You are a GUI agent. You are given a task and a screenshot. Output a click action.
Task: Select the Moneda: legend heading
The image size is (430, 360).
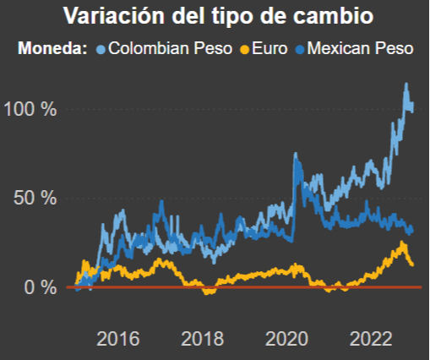point(52,48)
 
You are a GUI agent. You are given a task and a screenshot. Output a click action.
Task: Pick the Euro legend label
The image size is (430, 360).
point(261,48)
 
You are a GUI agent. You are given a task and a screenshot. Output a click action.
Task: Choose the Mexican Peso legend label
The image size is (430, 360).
point(360,48)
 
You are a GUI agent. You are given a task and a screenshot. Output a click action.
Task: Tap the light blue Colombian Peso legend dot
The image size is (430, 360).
point(102,49)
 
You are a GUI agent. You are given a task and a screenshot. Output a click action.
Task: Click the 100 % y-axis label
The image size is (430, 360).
point(30,109)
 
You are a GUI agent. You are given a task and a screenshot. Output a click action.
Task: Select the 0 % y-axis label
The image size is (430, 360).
point(41,287)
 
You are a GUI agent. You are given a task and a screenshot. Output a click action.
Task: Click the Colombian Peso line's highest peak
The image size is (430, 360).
point(406,85)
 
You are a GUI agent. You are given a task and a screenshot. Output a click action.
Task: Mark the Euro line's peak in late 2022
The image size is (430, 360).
point(402,243)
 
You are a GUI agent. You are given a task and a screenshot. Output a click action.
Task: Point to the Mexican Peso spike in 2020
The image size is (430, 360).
point(296,155)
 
